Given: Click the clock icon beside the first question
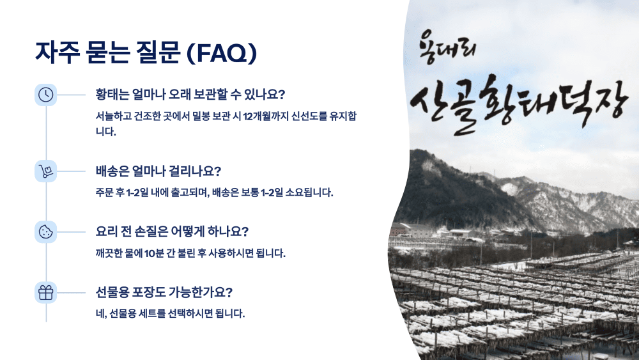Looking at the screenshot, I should tap(45, 95).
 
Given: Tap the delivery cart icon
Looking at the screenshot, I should tap(45, 171).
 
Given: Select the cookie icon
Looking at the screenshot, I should tap(45, 231).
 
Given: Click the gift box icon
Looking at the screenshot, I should tap(45, 292).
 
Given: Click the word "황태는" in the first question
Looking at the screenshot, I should tap(112, 95).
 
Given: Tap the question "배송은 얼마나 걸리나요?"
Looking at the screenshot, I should tap(158, 171).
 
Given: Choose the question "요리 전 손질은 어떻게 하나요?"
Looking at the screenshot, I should tap(172, 231).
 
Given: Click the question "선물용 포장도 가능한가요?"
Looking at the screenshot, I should tap(164, 292).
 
